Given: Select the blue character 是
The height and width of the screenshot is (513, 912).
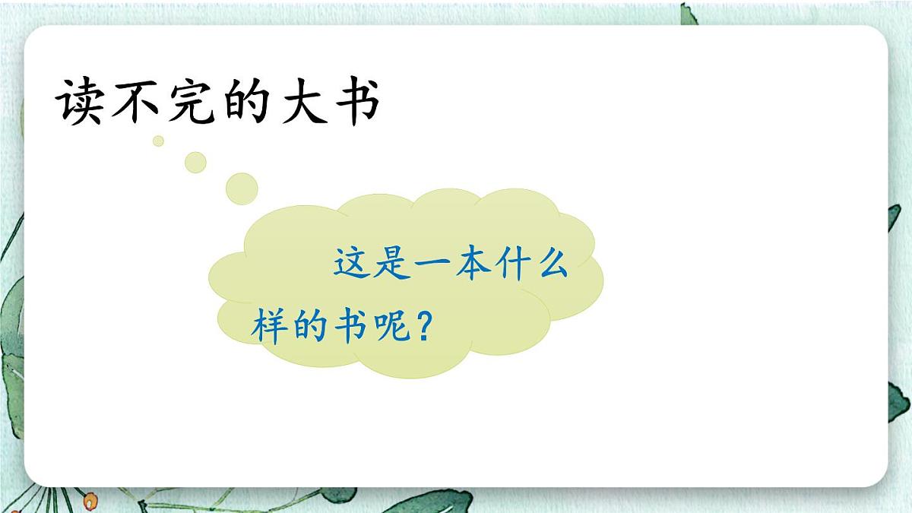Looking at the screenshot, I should coord(394,264).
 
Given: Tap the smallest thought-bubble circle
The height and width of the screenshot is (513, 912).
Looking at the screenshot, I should coord(158,141).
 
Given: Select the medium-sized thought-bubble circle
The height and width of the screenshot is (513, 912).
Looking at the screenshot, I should coord(196,161).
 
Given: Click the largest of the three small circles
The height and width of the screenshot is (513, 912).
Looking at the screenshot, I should coord(242,188).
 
